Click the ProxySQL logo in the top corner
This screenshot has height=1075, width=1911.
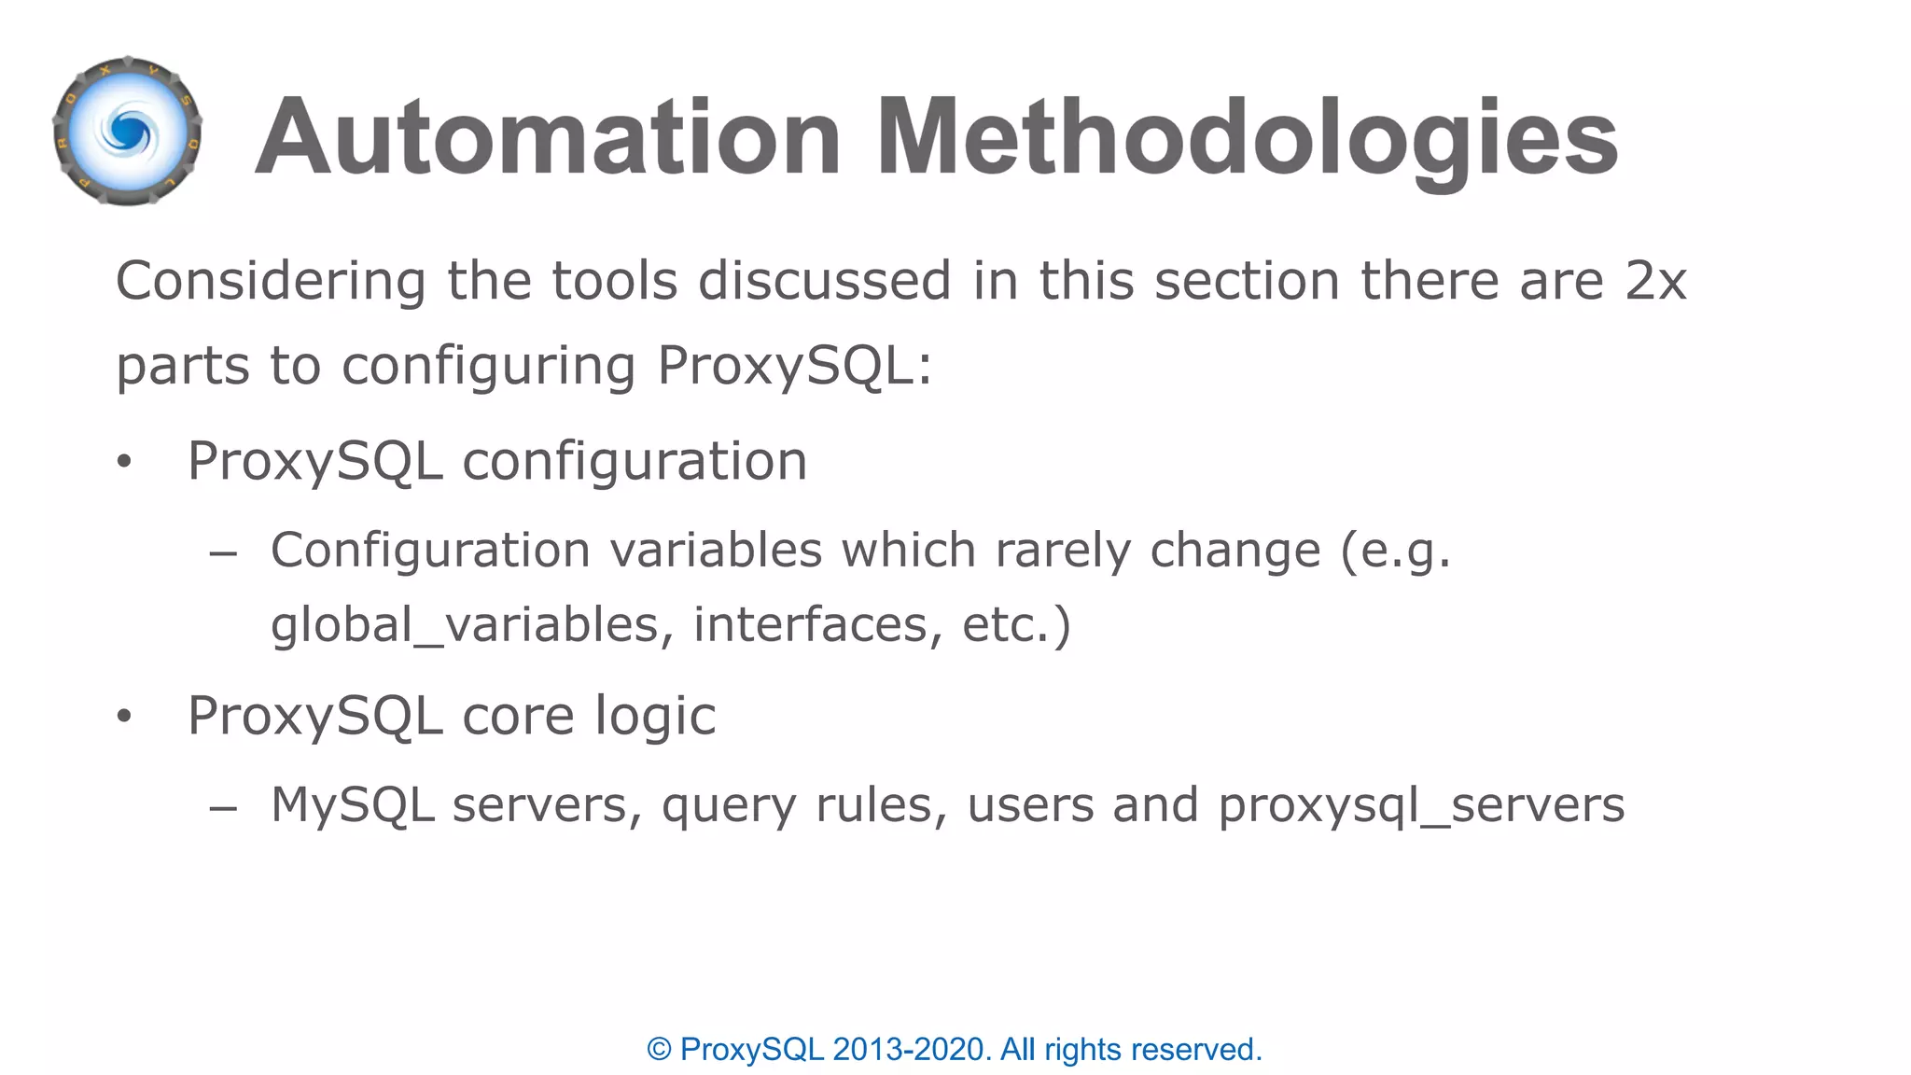128,132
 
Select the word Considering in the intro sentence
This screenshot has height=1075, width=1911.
271,281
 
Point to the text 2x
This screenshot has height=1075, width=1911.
1655,281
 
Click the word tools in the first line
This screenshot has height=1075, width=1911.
615,281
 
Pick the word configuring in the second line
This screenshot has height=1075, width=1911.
489,366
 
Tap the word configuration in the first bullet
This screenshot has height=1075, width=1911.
635,461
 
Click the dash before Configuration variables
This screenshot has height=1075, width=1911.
223,553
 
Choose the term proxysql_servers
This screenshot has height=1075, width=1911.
1421,805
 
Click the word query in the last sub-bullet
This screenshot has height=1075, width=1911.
728,806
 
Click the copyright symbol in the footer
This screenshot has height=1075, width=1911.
659,1050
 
